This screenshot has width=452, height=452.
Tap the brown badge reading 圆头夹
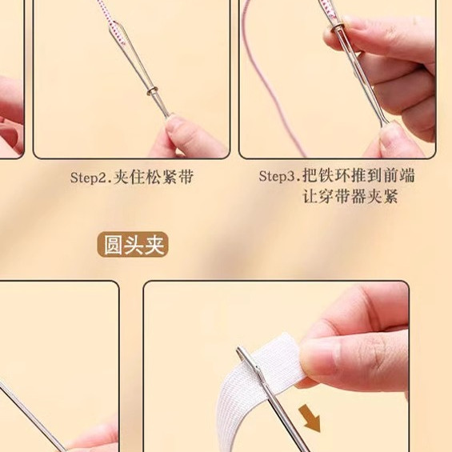coord(134,244)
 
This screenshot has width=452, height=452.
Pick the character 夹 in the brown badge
coord(155,244)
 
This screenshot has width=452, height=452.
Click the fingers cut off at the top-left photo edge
coord(10,112)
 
